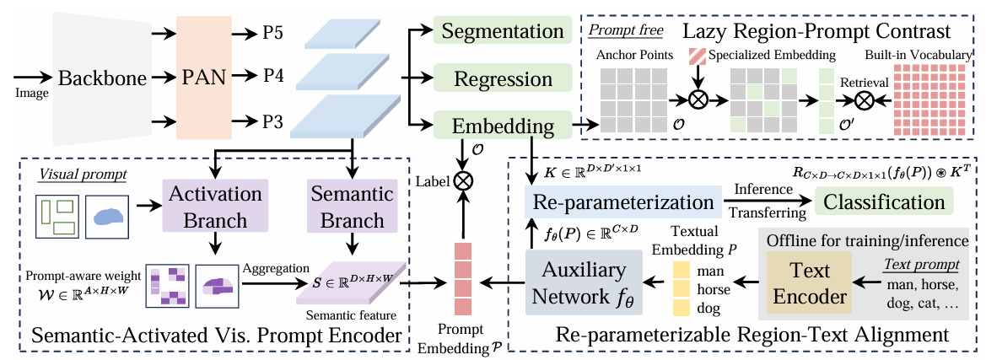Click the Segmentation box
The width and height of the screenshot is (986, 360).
[503, 33]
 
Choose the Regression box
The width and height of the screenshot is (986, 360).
[503, 79]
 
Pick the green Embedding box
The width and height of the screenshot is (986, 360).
[503, 126]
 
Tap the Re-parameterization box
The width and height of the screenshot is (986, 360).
[617, 202]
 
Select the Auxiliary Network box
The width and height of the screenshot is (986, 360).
[583, 284]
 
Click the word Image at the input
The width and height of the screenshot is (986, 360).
[32, 94]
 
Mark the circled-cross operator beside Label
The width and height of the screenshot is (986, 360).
[461, 180]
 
